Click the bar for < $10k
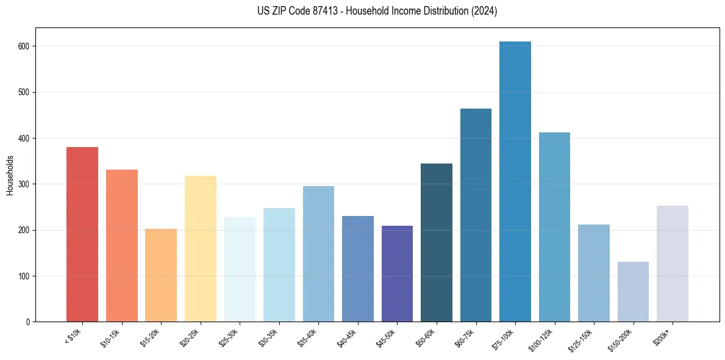pyautogui.click(x=82, y=234)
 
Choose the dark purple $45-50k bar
pyautogui.click(x=397, y=274)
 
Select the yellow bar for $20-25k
pyautogui.click(x=201, y=249)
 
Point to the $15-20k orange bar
pyautogui.click(x=161, y=275)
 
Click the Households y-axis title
pyautogui.click(x=10, y=175)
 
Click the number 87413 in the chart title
pyautogui.click(x=325, y=11)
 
